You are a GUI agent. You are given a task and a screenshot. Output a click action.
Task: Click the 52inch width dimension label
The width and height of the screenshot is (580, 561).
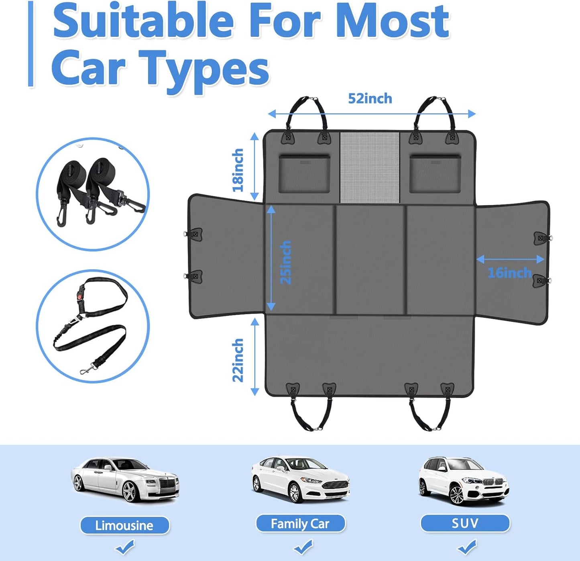pyautogui.click(x=370, y=99)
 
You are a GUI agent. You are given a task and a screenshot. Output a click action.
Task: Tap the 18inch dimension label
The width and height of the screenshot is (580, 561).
pyautogui.click(x=238, y=170)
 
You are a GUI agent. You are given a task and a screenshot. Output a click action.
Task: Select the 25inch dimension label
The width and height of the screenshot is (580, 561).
pyautogui.click(x=285, y=262)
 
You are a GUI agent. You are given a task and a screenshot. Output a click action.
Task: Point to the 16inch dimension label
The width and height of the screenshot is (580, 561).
pyautogui.click(x=509, y=273)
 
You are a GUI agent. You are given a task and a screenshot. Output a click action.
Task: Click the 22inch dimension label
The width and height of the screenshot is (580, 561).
pyautogui.click(x=238, y=360)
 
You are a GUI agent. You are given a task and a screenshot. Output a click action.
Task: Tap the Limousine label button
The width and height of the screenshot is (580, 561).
pyautogui.click(x=124, y=525)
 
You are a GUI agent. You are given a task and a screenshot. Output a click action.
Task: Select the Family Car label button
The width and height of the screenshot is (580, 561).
pyautogui.click(x=300, y=524)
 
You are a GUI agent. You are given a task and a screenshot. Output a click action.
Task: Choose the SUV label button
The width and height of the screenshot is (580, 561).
pyautogui.click(x=465, y=523)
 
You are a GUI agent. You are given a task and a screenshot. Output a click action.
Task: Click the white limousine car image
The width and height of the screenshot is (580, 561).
pyautogui.click(x=125, y=480)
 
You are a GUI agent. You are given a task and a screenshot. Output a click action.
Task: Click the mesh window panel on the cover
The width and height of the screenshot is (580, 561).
pyautogui.click(x=370, y=167)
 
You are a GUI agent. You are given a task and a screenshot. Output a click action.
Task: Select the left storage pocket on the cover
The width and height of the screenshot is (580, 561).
pyautogui.click(x=304, y=174)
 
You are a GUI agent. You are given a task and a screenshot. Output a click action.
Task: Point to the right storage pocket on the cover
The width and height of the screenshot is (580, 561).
pyautogui.click(x=435, y=174)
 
